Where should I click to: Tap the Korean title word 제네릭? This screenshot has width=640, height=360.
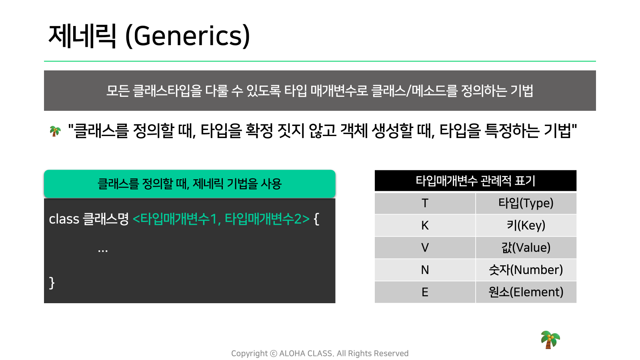(82, 36)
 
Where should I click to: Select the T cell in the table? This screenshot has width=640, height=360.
(425, 204)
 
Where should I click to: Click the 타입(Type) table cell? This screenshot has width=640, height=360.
(526, 204)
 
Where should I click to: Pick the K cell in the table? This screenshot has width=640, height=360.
(425, 226)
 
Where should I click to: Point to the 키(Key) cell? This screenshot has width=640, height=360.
(526, 226)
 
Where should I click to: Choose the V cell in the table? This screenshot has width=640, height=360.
(425, 248)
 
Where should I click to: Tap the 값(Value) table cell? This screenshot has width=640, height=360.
(526, 248)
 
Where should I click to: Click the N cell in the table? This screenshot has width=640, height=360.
(425, 270)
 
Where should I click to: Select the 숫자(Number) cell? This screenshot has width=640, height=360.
(526, 270)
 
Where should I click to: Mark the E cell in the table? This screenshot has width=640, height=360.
(425, 292)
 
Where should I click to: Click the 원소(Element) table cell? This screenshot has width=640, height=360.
(526, 292)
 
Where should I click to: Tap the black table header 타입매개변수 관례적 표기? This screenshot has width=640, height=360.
(476, 180)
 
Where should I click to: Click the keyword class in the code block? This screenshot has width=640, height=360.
(64, 219)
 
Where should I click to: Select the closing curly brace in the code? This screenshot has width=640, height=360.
(52, 283)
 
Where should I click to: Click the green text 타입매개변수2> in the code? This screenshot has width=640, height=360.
(267, 219)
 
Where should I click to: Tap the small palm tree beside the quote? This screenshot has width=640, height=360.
(55, 132)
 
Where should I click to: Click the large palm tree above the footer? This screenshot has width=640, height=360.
(550, 340)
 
